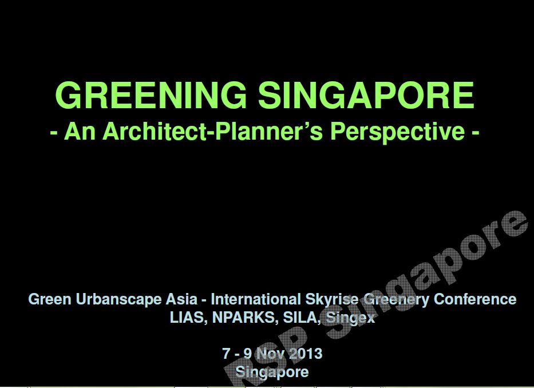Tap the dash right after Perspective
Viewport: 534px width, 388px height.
[476, 132]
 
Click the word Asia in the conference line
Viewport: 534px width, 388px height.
[181, 299]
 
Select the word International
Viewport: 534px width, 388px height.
[256, 299]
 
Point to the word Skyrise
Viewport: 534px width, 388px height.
[331, 299]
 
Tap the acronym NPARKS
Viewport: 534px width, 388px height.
[243, 318]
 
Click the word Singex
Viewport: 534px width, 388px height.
[350, 318]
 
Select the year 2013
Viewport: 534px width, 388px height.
[306, 354]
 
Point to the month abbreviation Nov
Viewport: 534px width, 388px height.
[271, 354]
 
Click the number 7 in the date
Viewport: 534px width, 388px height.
[226, 354]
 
